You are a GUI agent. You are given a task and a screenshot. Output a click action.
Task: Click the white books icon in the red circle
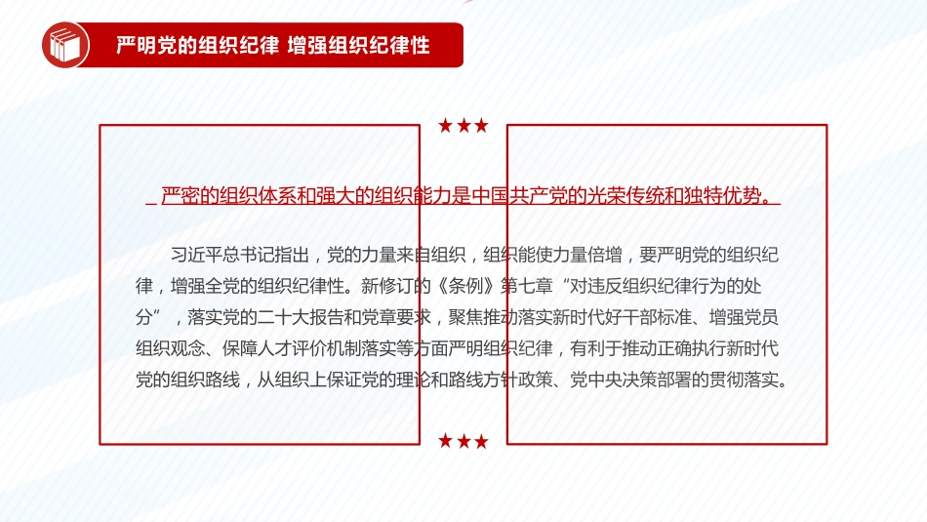click(65, 46)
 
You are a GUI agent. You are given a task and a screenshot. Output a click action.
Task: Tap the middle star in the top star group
click(463, 125)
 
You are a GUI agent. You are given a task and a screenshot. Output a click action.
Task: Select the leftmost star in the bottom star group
click(446, 441)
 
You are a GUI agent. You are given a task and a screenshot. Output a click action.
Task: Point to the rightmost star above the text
click(481, 125)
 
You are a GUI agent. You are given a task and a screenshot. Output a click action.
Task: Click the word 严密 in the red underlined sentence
click(181, 196)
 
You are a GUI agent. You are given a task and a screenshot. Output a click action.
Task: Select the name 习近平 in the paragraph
click(196, 256)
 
